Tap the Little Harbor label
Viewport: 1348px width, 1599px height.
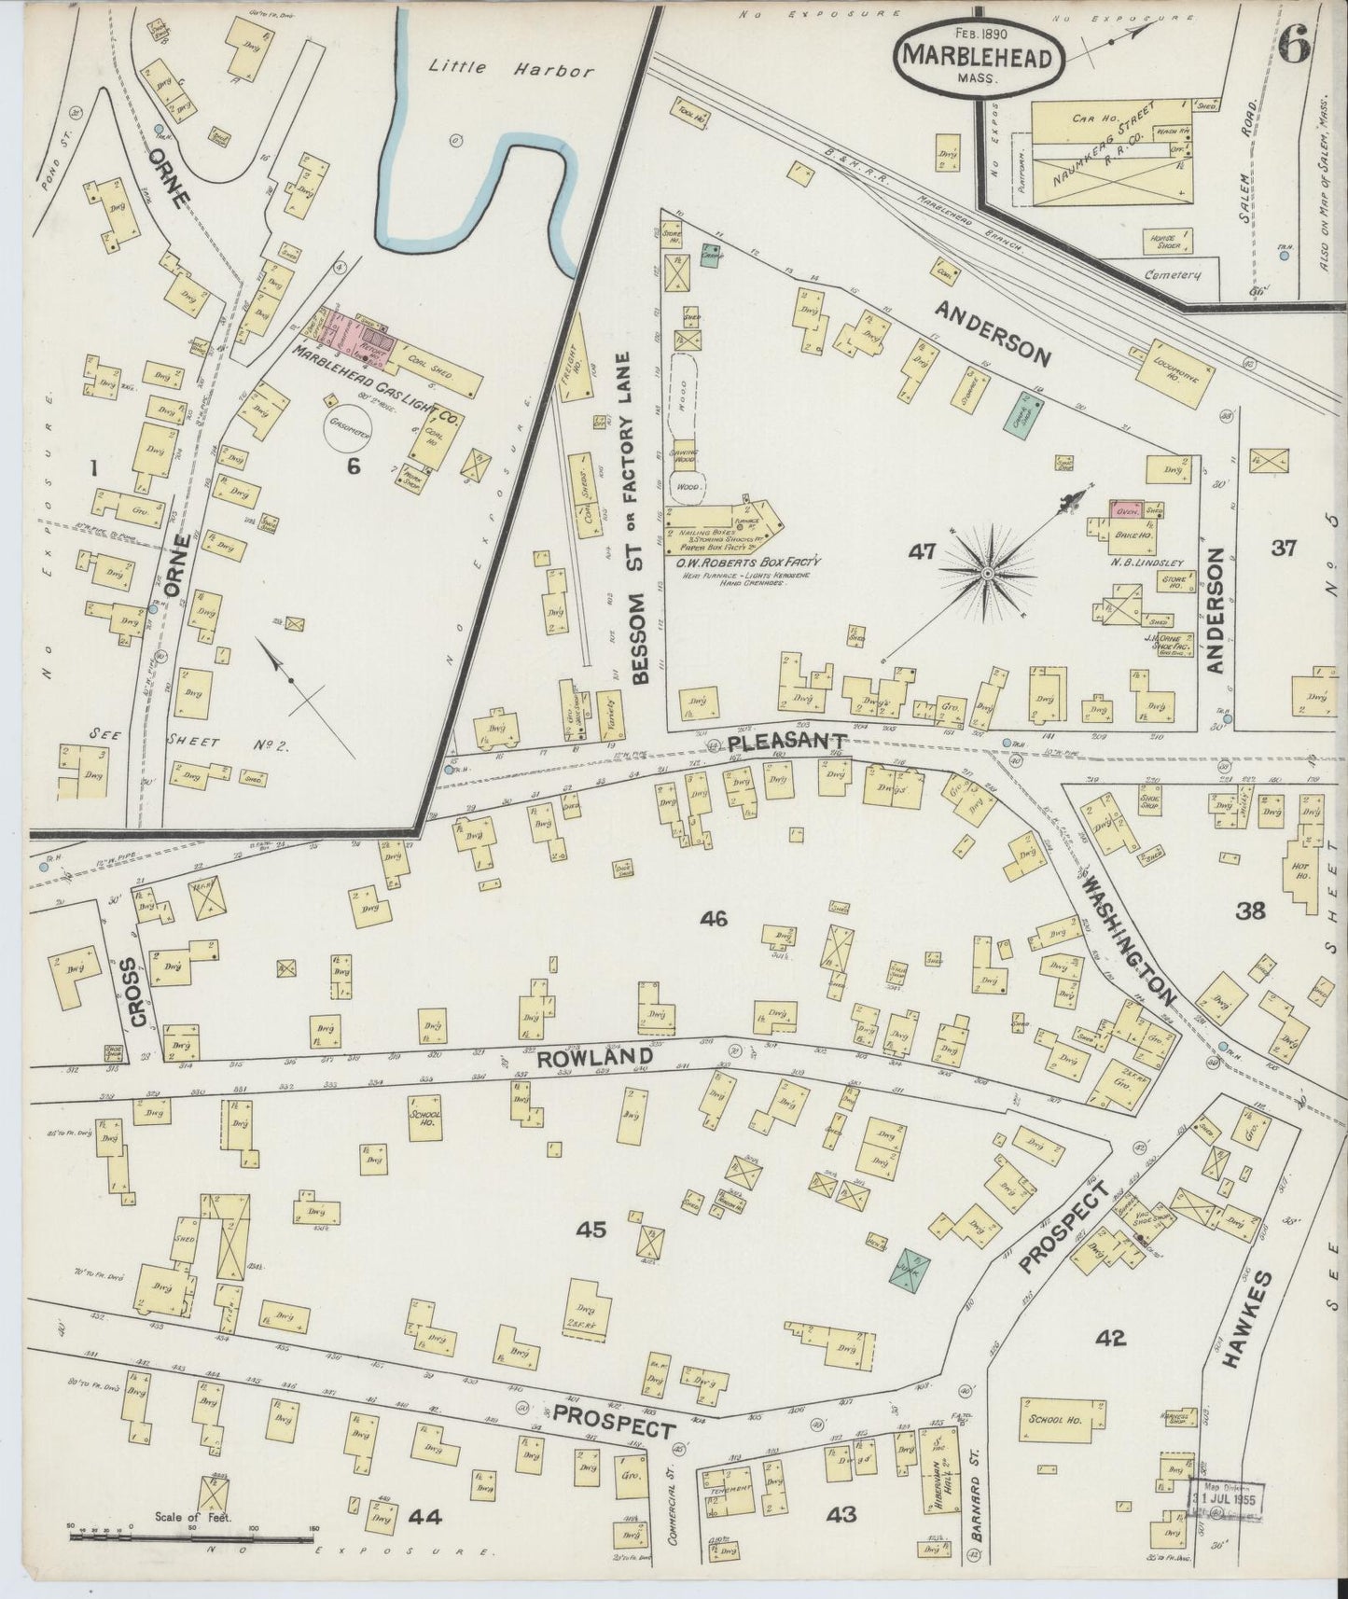coord(510,68)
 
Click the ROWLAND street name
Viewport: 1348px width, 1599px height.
coord(592,1058)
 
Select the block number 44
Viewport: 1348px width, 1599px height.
coord(425,1516)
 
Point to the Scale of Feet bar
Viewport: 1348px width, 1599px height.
coord(191,1530)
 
